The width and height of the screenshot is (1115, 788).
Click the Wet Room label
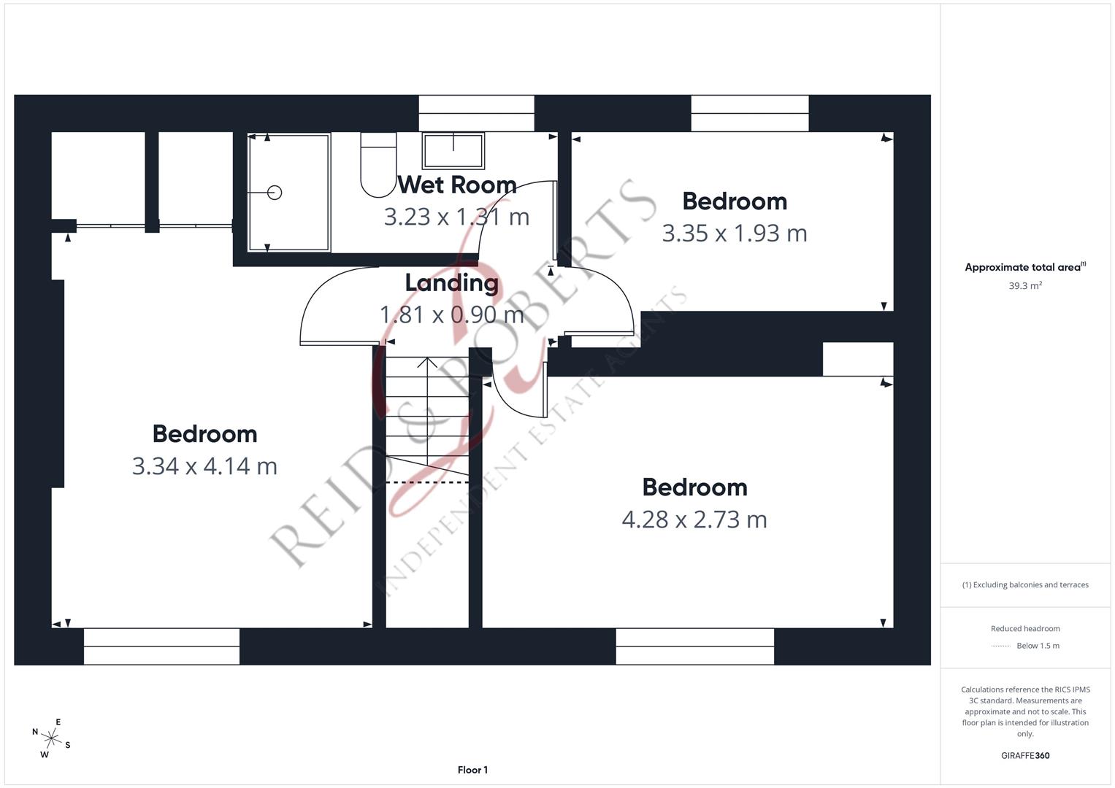pos(457,185)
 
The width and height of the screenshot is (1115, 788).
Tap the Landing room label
pos(451,283)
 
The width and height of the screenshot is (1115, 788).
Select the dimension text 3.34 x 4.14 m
pos(204,466)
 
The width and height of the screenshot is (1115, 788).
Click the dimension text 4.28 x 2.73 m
pos(694,519)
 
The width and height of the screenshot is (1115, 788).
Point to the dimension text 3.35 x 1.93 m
pos(734,233)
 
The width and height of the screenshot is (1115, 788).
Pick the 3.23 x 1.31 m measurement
pos(456,217)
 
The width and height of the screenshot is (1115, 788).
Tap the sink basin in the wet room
pos(453,150)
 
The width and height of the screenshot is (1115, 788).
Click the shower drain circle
pos(275,193)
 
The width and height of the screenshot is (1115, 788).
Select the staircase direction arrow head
pos(427,361)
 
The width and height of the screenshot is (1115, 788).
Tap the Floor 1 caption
pos(472,770)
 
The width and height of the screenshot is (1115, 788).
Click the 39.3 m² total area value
pos(1024,286)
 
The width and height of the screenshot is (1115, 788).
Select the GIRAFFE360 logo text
pos(1024,756)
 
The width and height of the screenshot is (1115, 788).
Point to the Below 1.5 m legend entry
pos(1037,646)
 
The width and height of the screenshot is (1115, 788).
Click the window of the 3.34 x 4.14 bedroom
pos(161,646)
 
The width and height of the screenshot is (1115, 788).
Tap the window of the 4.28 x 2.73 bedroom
pos(694,646)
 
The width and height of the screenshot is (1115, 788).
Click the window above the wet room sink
pos(476,113)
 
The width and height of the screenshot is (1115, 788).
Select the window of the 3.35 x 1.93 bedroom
pos(749,113)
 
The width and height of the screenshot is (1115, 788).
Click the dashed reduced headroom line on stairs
pos(427,482)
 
